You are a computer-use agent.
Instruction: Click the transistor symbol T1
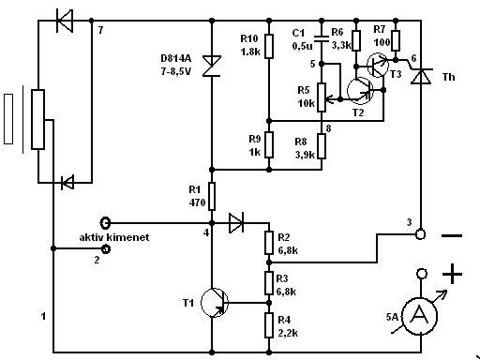pyautogui.click(x=215, y=303)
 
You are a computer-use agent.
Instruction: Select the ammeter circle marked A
pyautogui.click(x=419, y=316)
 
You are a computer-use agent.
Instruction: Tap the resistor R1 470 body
pyautogui.click(x=212, y=196)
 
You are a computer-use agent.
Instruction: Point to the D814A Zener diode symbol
pyautogui.click(x=212, y=66)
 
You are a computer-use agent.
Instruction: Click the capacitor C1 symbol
pyautogui.click(x=322, y=39)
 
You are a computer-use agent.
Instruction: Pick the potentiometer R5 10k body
pyautogui.click(x=322, y=97)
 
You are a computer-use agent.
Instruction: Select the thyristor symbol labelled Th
pyautogui.click(x=421, y=77)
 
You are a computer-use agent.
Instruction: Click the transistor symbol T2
pyautogui.click(x=360, y=91)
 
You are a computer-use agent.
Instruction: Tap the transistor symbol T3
pyautogui.click(x=378, y=65)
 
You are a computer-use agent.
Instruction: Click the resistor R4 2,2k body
pyautogui.click(x=269, y=325)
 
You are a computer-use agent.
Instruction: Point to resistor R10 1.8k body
pyautogui.click(x=269, y=46)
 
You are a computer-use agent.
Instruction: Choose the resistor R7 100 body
pyautogui.click(x=396, y=40)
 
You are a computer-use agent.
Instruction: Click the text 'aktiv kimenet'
pyautogui.click(x=114, y=237)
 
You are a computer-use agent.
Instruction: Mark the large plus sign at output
pyautogui.click(x=452, y=274)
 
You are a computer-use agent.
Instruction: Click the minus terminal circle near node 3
pyautogui.click(x=421, y=234)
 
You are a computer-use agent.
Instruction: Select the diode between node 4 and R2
pyautogui.click(x=236, y=223)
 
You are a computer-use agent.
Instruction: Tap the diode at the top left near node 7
pyautogui.click(x=65, y=21)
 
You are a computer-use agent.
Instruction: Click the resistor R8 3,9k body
pyautogui.click(x=322, y=146)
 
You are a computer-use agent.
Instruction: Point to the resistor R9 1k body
pyautogui.click(x=269, y=144)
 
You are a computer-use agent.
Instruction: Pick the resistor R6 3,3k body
pyautogui.click(x=356, y=40)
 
